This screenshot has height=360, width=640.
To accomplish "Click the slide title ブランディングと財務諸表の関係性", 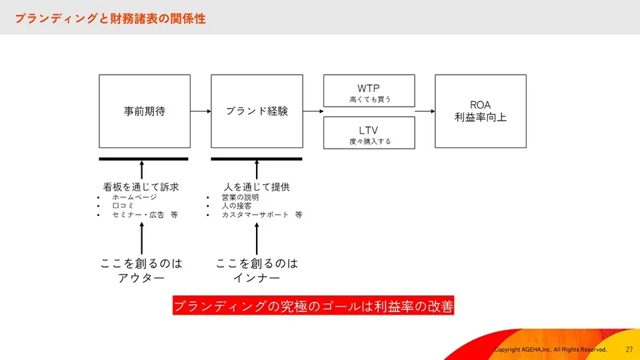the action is coord(110,19).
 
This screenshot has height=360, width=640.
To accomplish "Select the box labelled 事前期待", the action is coord(145,111).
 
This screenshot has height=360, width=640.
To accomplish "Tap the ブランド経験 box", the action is coord(257,111).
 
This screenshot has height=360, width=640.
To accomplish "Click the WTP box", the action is coord(369,91).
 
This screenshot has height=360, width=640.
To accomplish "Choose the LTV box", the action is coord(369,133).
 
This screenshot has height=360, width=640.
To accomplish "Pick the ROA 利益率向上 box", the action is coord(481,111).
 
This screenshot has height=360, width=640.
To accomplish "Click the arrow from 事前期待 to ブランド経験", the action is coord(201,111).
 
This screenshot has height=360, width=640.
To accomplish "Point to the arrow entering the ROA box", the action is coord(425,111).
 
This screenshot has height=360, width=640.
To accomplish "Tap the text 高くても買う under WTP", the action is coord(370,99).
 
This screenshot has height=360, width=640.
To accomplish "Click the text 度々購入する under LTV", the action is coord(370,141).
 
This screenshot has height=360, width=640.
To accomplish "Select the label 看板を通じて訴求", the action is coord(141,187).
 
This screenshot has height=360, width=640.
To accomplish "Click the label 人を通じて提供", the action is coord(257,187).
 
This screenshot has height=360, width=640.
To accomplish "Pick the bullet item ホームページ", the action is coord(135,197).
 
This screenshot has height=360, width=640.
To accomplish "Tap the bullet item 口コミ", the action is coord(123,206).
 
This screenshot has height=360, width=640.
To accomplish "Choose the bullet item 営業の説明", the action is coord(241,197).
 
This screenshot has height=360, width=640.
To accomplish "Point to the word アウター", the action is coord(141,278).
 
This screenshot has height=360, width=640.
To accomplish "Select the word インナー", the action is coord(257,278).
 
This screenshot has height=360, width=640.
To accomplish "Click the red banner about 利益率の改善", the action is coord(313,305).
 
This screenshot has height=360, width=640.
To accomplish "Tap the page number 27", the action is coord(629,349).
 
